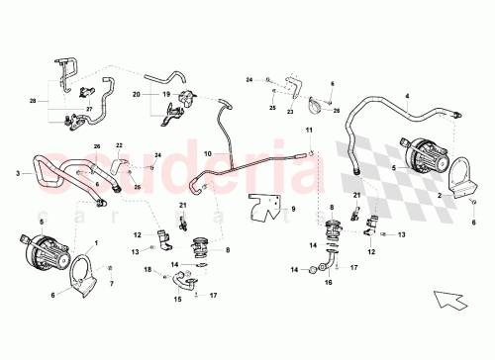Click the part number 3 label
coord(18,174)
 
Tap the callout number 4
coord(407,97)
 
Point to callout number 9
coord(293,208)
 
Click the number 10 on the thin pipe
coord(209,153)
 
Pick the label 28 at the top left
coord(33,100)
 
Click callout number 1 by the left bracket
coord(95,241)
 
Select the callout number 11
coord(309,131)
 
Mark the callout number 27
coord(89,109)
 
